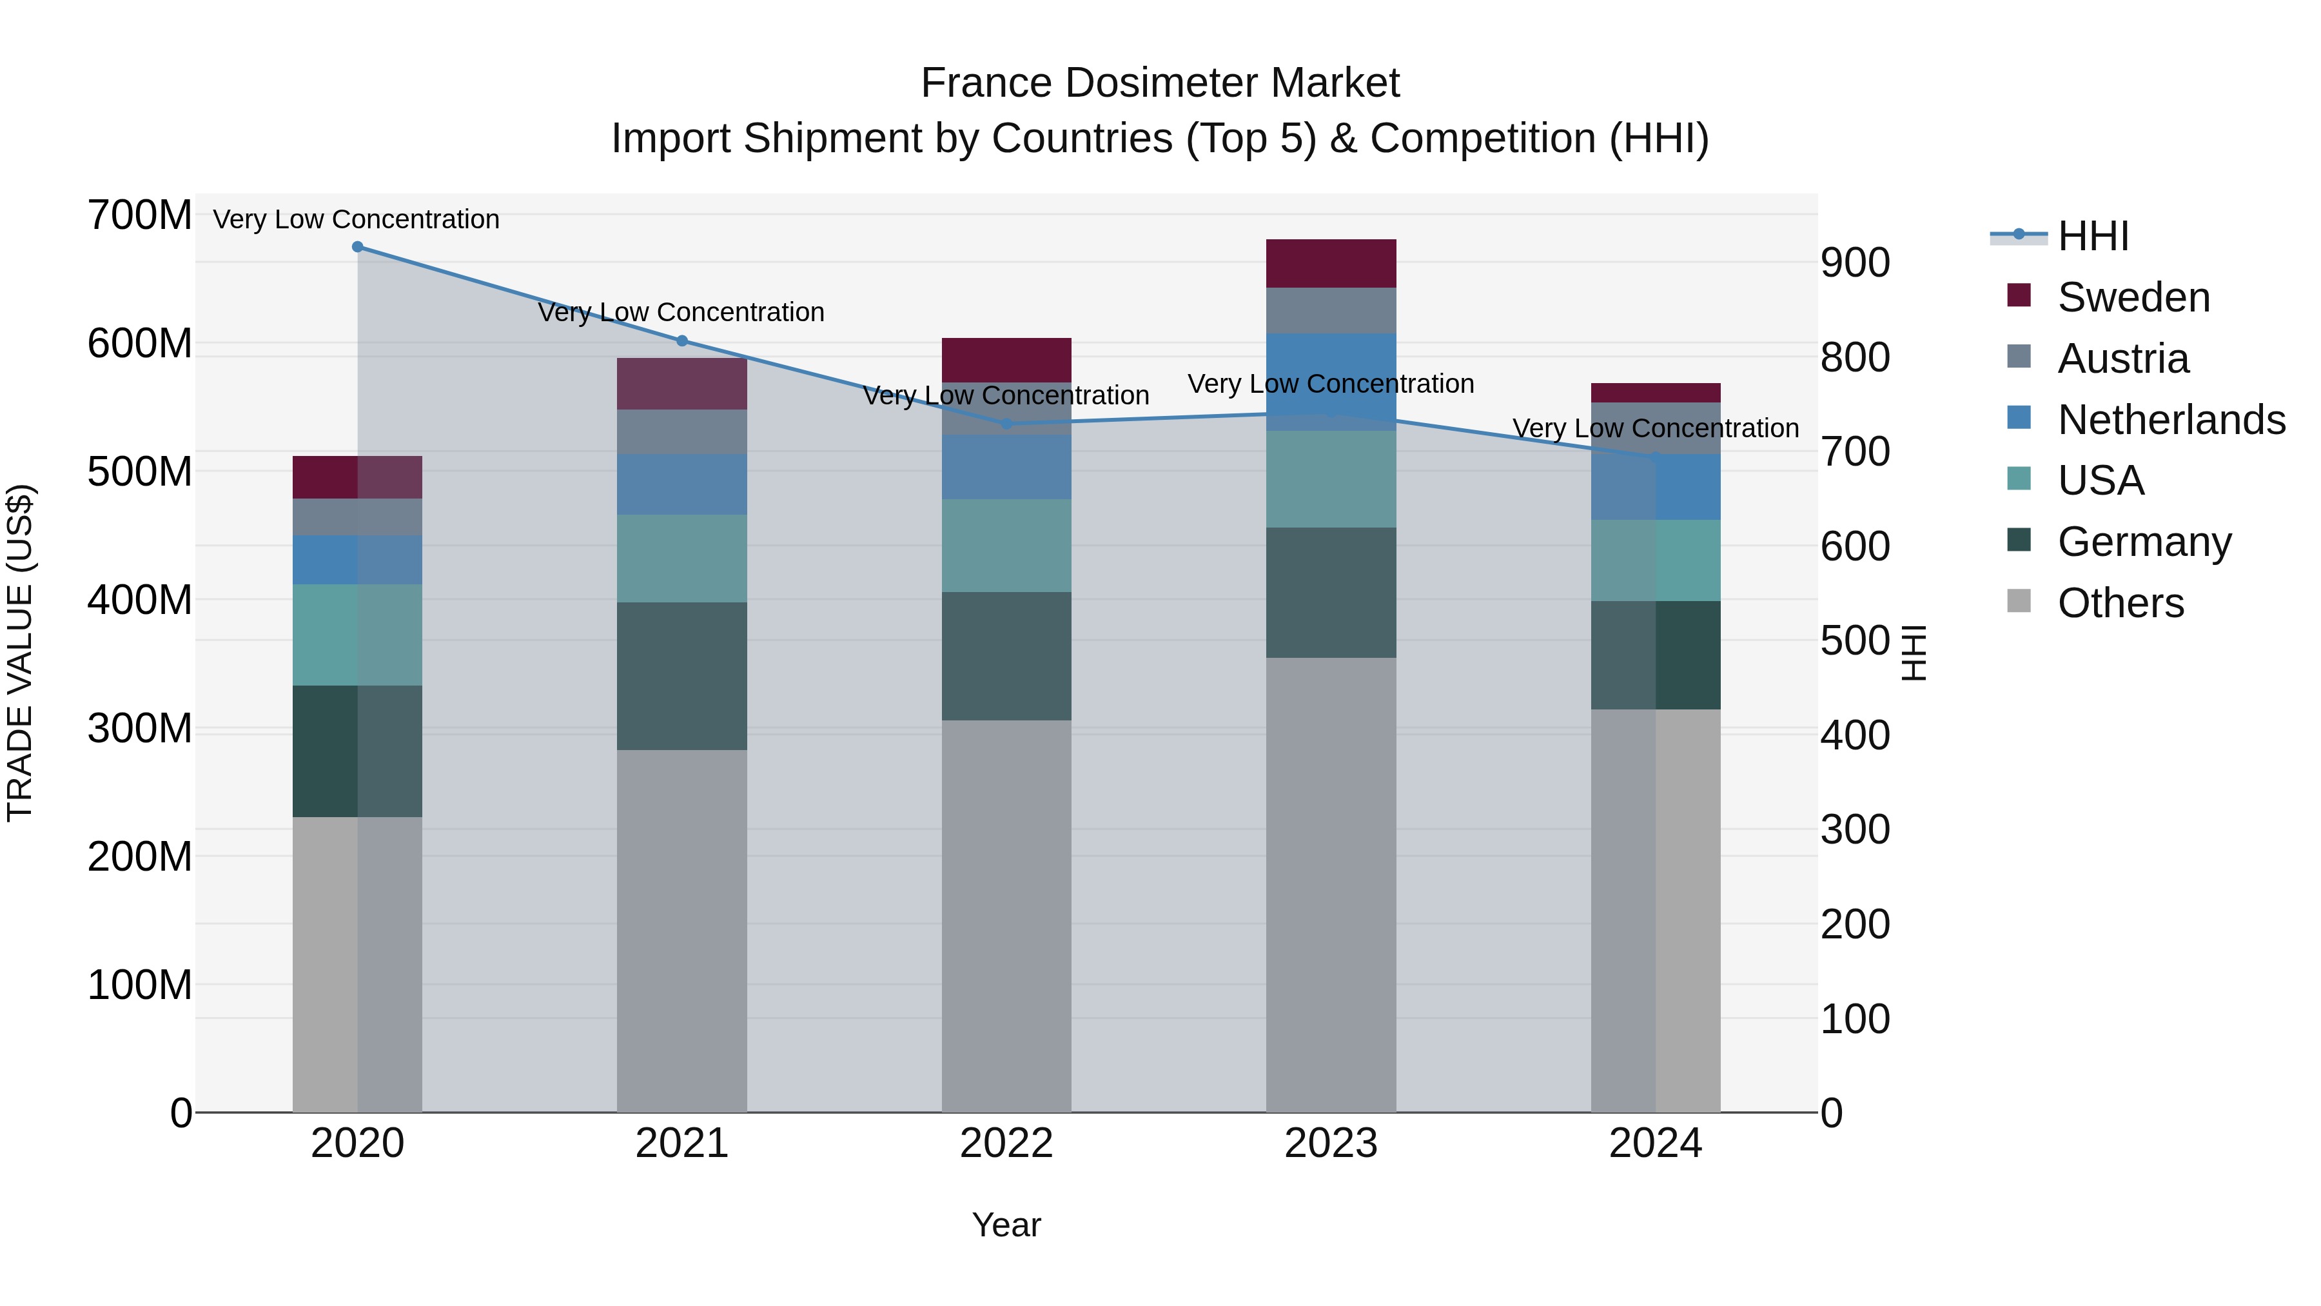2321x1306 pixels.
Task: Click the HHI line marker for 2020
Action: pos(358,247)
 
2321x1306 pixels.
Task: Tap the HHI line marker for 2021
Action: pos(682,341)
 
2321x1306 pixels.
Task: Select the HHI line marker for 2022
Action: pos(1006,424)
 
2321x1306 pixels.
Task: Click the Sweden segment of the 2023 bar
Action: pos(1331,263)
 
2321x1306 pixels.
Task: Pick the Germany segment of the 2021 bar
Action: pos(682,676)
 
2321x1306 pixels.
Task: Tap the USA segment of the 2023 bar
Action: pos(1331,479)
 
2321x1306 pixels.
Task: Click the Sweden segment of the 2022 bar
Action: pos(1006,360)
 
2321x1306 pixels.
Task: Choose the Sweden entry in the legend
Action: pos(2133,297)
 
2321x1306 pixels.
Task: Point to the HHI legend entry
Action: pos(2092,236)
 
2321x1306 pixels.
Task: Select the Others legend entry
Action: pos(2120,603)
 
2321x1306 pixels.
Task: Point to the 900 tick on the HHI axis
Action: pos(1855,263)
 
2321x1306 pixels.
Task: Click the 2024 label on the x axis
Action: pos(1655,1143)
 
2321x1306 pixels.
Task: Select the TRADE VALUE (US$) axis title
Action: pos(20,653)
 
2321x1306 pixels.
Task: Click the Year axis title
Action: pos(1006,1225)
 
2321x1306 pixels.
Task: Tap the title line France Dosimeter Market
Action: pos(1160,83)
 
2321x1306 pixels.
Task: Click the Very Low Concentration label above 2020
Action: pos(356,219)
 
